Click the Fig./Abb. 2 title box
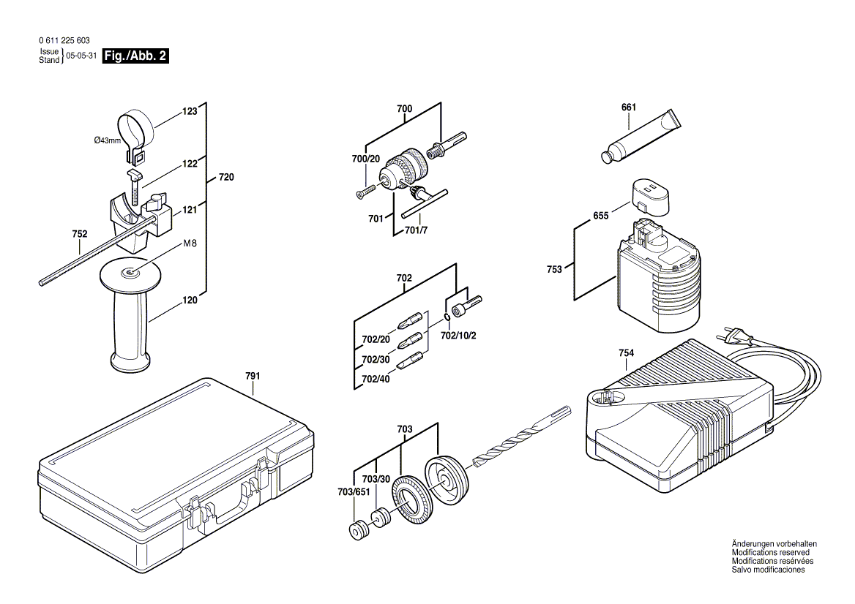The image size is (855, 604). tap(136, 56)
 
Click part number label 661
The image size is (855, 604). tap(628, 107)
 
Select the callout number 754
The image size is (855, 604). tap(626, 353)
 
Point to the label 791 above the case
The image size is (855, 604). tap(253, 376)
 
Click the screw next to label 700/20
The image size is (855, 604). tap(363, 192)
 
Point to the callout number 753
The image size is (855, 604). tap(554, 269)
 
